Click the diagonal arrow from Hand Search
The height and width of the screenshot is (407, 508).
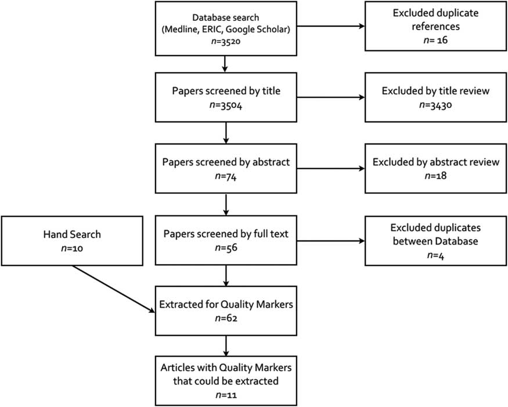pyautogui.click(x=114, y=289)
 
